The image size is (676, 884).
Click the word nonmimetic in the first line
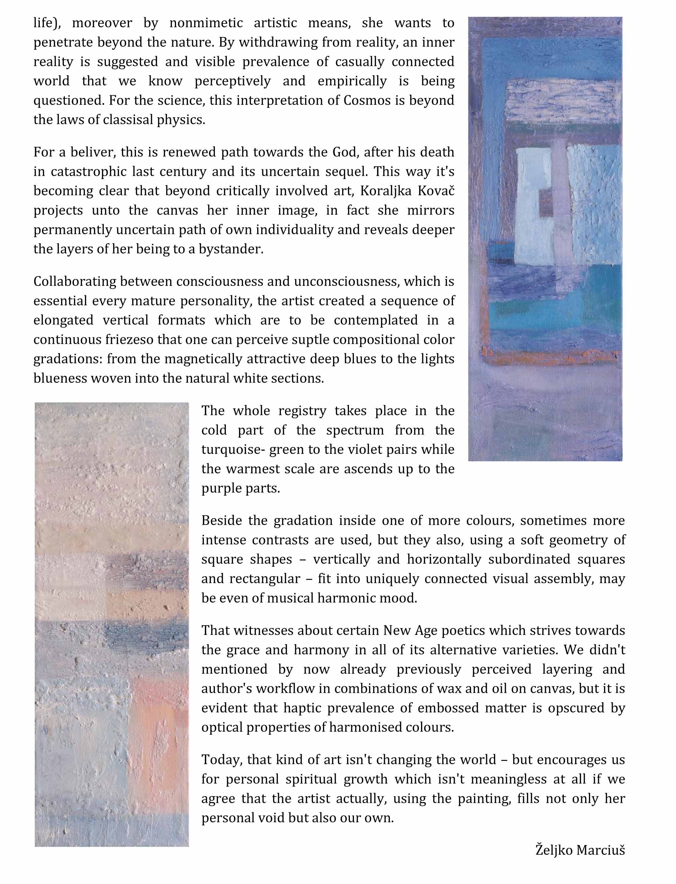tap(205, 23)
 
